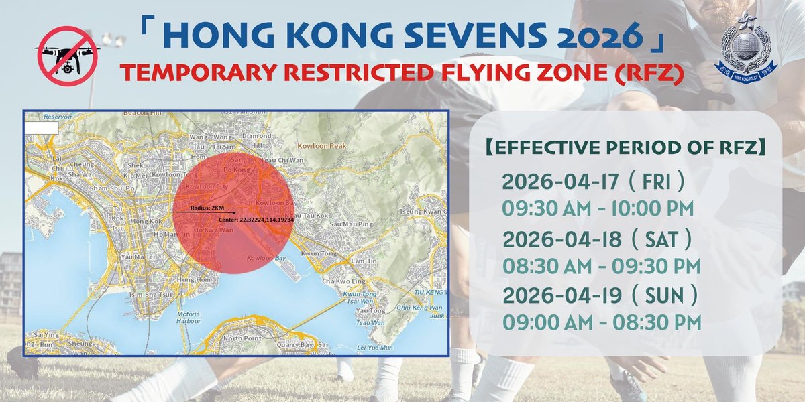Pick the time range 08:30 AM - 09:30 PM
[602, 265]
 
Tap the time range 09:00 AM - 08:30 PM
[602, 322]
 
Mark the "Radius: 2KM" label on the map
[208, 208]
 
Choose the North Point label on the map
[241, 339]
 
